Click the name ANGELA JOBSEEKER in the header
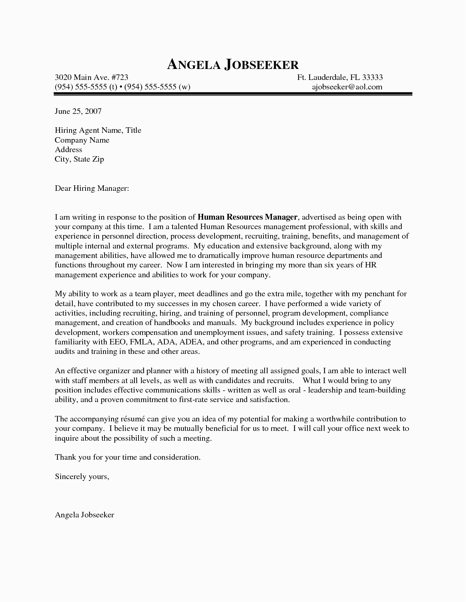click(x=233, y=65)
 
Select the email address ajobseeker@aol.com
click(x=347, y=87)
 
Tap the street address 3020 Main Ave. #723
click(x=91, y=77)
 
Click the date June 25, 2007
click(x=78, y=111)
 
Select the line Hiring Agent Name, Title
click(x=98, y=131)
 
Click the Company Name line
click(x=82, y=140)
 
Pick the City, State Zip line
click(x=79, y=159)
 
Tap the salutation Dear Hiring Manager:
click(x=92, y=189)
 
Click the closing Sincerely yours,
click(x=82, y=476)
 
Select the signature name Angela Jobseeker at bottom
click(x=84, y=515)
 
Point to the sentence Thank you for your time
click(x=128, y=457)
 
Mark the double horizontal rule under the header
click(x=233, y=94)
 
